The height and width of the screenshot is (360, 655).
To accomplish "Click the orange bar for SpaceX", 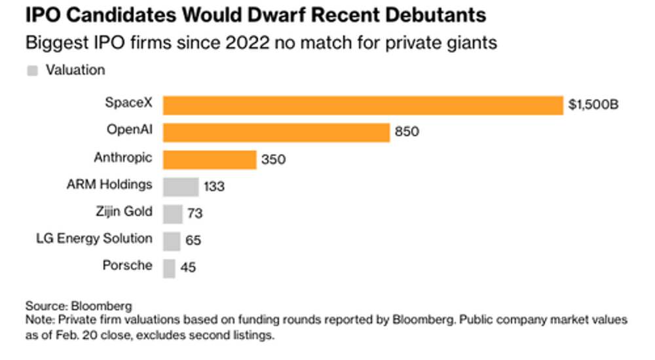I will tap(363, 105).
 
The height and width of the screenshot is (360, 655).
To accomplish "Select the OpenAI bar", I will tap(276, 132).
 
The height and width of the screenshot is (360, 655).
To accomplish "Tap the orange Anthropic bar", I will tap(209, 160).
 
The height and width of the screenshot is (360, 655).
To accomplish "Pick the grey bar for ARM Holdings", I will tap(180, 187).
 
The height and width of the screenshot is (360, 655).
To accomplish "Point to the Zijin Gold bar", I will tap(172, 214).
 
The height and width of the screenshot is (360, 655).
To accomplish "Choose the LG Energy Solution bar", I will tap(171, 241).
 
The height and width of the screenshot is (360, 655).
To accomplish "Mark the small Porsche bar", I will tap(169, 268).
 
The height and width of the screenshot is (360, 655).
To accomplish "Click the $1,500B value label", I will tap(593, 105).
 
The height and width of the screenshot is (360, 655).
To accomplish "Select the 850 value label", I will tap(407, 132).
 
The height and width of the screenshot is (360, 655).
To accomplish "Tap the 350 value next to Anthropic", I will tap(273, 160).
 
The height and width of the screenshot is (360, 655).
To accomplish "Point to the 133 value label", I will tap(214, 187).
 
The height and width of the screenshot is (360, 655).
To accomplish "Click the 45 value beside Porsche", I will tap(188, 268).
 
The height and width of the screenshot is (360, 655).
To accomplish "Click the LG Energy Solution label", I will tap(94, 238).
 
